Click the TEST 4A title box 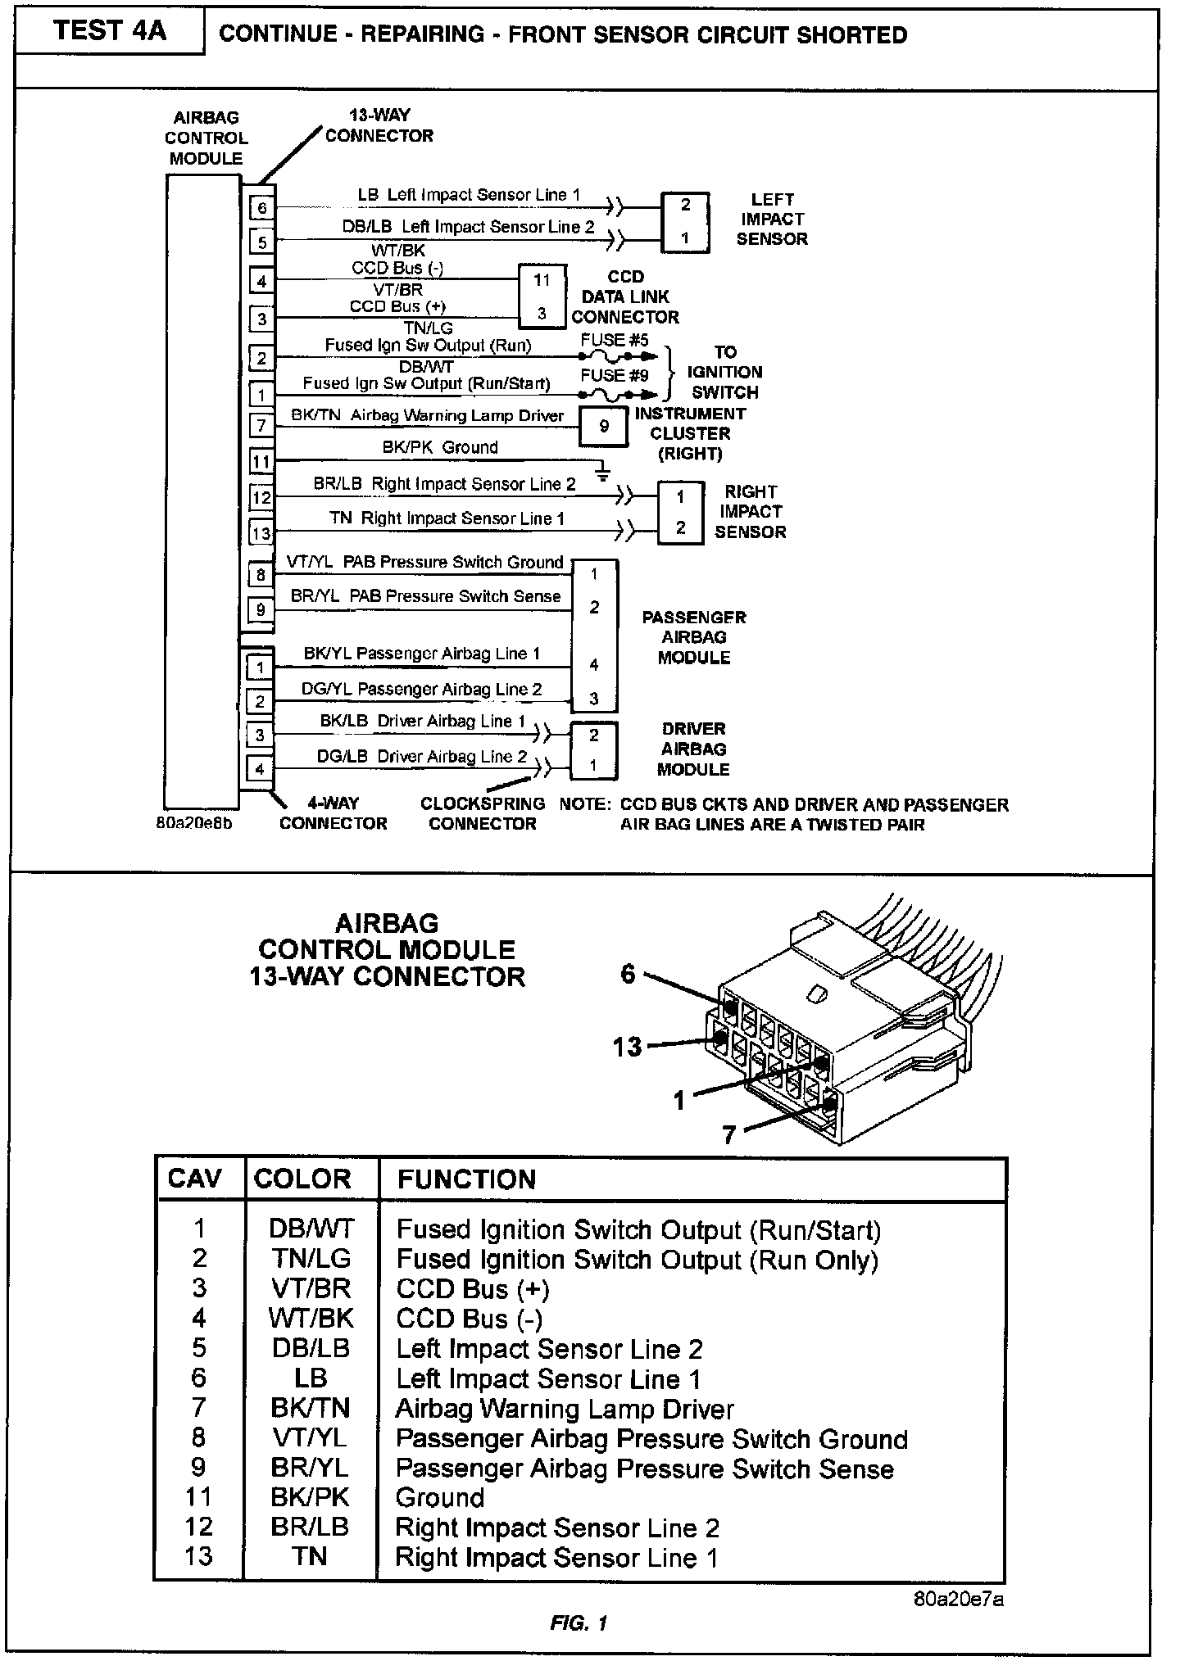tap(109, 32)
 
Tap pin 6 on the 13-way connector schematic tap(262, 208)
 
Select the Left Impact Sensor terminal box tap(685, 222)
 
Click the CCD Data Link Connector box tap(542, 296)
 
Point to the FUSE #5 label tap(615, 340)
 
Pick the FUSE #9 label tap(615, 376)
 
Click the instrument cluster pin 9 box tap(604, 426)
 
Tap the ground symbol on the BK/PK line tap(603, 474)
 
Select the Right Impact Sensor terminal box tap(680, 512)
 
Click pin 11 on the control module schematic tap(261, 462)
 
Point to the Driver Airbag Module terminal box tap(593, 750)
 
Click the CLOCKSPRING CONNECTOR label tap(483, 813)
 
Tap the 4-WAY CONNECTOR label tap(333, 813)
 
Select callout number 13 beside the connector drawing tap(628, 1047)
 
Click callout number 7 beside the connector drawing tap(728, 1134)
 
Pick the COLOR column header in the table tap(302, 1179)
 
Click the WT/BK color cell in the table tap(311, 1319)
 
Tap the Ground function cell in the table tap(440, 1498)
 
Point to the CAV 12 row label tap(199, 1527)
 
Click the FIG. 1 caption tap(579, 1623)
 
